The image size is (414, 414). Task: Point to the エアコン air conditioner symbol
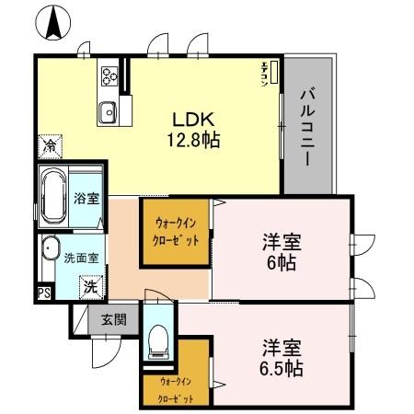click(x=265, y=73)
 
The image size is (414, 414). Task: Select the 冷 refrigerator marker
click(x=50, y=145)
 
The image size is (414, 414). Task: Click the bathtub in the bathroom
click(x=53, y=197)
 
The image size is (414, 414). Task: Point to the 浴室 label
click(x=86, y=198)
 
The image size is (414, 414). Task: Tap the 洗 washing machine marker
click(x=89, y=286)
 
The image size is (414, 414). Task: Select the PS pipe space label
click(x=43, y=294)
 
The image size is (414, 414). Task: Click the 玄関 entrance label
click(x=114, y=320)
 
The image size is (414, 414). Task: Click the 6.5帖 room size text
click(x=281, y=369)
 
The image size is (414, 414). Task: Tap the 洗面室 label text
click(x=81, y=259)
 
